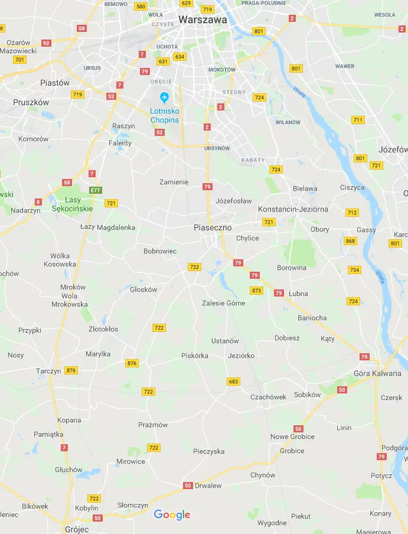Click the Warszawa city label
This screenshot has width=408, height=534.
coord(203,19)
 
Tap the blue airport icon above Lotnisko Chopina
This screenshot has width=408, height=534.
coord(165,97)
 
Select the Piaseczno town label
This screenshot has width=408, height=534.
coord(213,227)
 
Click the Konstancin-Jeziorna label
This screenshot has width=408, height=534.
coord(293,209)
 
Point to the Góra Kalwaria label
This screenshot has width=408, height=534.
coord(377,373)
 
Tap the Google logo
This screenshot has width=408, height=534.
coord(172,515)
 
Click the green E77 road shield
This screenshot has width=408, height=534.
coord(96,190)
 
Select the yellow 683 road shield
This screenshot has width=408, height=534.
coord(233,382)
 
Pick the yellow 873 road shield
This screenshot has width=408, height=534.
coord(256,291)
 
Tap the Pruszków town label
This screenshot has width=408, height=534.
coord(31,102)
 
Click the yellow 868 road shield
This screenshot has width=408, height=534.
coord(351,241)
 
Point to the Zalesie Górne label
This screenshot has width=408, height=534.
coord(223,303)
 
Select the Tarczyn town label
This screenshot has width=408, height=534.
coord(48,371)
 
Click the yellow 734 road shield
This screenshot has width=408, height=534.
coord(354,270)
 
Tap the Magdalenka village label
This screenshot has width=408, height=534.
coord(116,227)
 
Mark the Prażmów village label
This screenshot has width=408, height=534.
coord(153,425)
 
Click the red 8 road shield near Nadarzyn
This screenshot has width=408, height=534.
coord(38,202)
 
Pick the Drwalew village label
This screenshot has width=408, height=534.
coord(208,486)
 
